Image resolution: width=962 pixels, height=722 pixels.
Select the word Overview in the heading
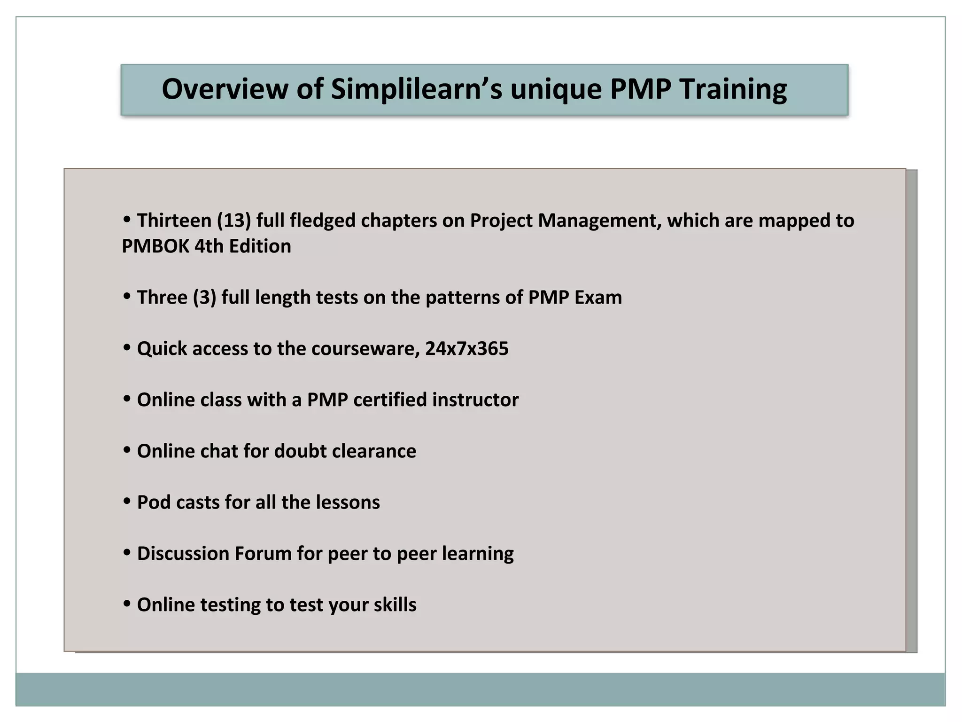tap(225, 89)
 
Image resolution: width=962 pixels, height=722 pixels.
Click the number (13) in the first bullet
tap(234, 221)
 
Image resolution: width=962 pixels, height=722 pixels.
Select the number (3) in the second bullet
tap(205, 298)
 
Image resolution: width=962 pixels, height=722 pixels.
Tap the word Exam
tap(598, 298)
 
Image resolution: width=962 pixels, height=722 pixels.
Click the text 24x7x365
tap(467, 349)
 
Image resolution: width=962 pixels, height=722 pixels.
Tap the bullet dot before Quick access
tap(127, 348)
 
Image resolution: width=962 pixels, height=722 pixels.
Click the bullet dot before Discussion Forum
tap(127, 553)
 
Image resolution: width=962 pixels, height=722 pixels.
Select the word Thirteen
tap(174, 221)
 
